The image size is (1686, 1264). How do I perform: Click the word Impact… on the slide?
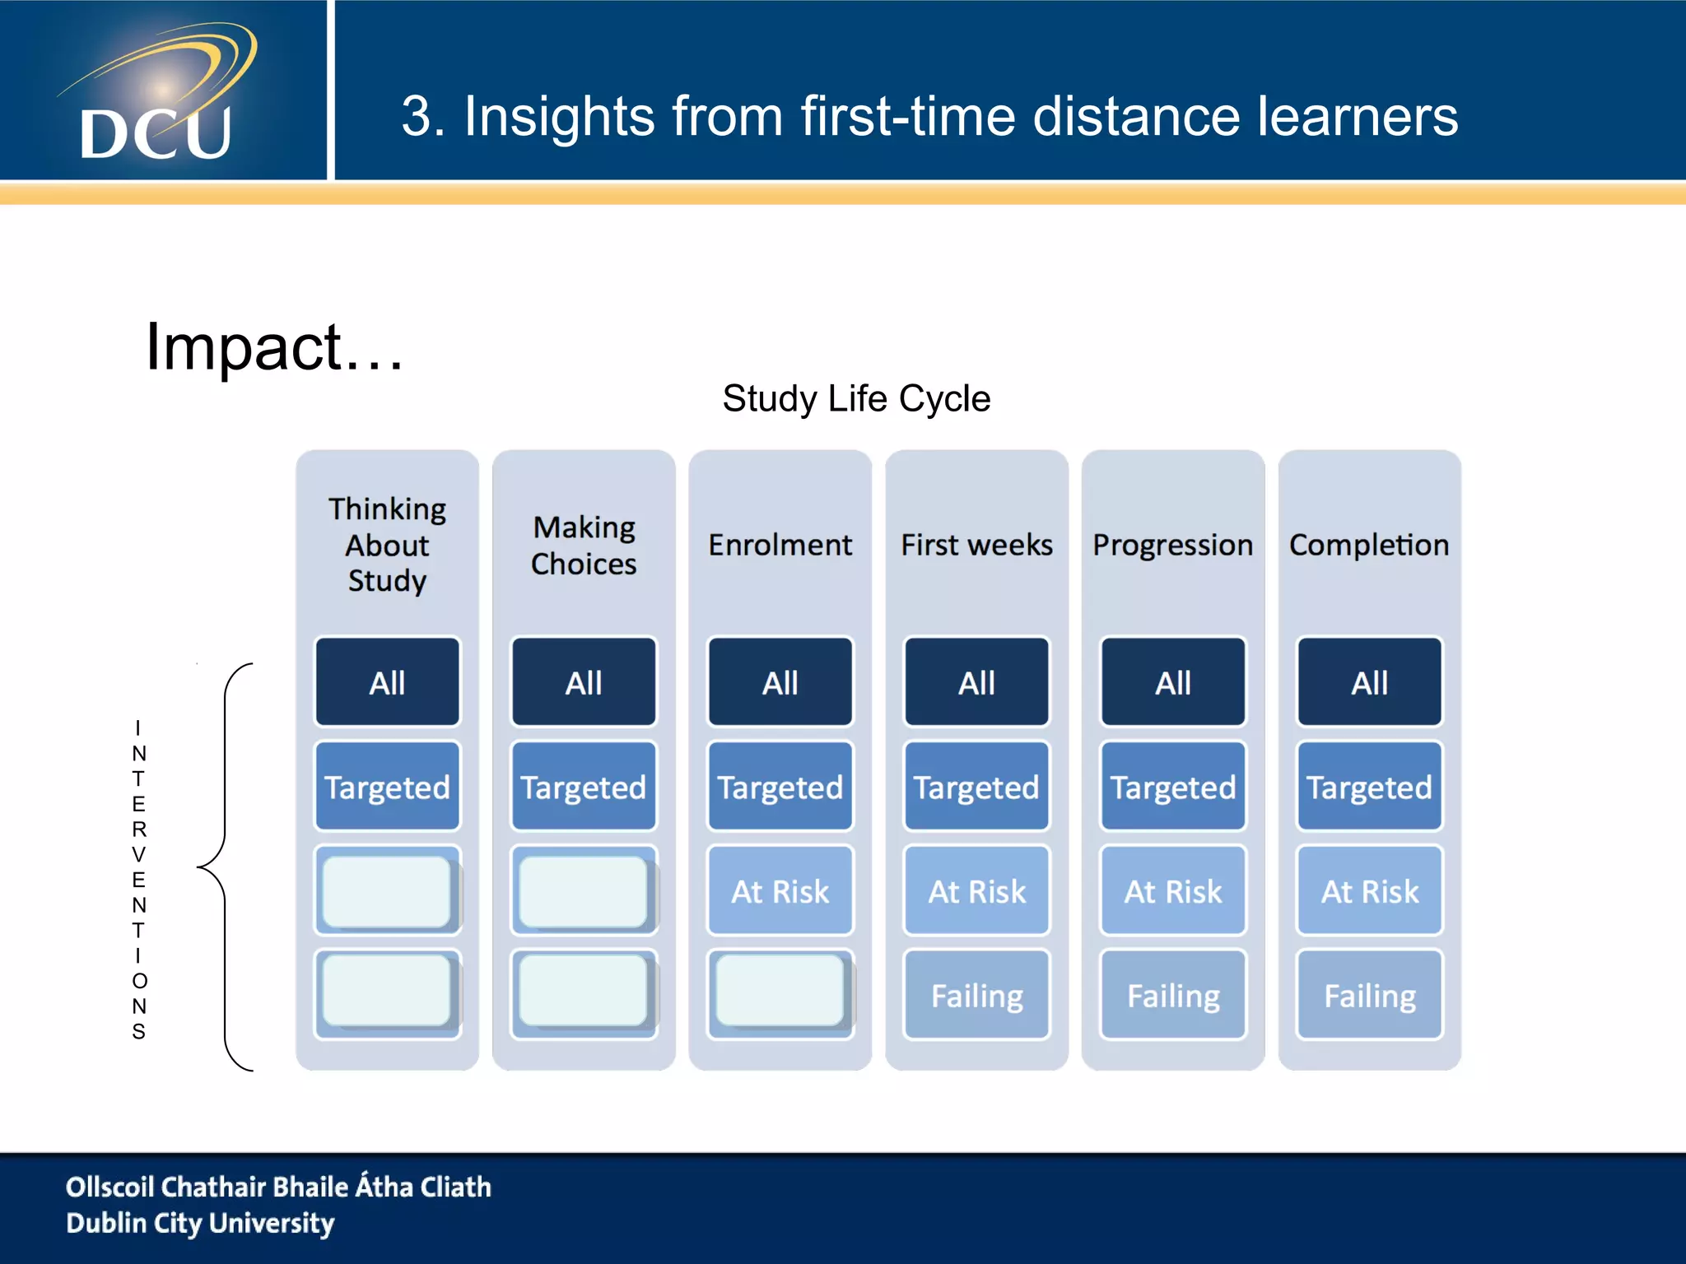tap(274, 347)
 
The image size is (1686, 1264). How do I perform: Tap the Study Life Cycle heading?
tap(856, 399)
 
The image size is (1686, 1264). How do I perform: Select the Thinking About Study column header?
tap(387, 545)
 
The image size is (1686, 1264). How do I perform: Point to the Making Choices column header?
tap(584, 545)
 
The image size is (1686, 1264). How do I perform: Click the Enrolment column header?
tap(780, 545)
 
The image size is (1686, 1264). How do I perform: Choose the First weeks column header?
tap(976, 545)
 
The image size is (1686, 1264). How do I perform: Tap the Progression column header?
tap(1172, 545)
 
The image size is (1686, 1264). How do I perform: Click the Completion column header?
tap(1369, 545)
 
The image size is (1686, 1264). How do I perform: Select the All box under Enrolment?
tap(780, 682)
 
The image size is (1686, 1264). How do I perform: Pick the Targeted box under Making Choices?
tap(584, 787)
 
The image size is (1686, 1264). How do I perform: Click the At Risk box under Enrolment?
tap(780, 891)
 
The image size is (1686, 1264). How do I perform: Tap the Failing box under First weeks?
tap(976, 996)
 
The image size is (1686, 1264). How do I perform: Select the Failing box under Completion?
tap(1369, 996)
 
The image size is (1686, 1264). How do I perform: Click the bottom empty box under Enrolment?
tap(780, 992)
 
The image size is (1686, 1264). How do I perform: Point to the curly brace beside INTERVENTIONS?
tap(222, 867)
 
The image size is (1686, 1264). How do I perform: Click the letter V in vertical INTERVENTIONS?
tap(138, 855)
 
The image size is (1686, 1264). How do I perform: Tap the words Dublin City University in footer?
tap(200, 1224)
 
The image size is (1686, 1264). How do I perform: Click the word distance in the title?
tap(1137, 116)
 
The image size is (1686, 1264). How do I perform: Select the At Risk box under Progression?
tap(1172, 891)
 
